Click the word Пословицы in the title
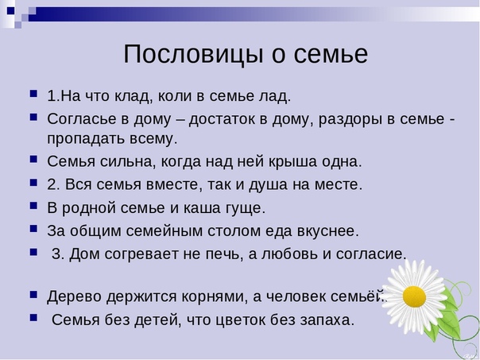pyautogui.click(x=193, y=55)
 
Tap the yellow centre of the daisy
pyautogui.click(x=414, y=296)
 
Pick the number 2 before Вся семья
pyautogui.click(x=52, y=184)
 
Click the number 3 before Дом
pyautogui.click(x=57, y=254)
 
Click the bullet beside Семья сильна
pyautogui.click(x=33, y=160)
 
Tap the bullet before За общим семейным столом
pyautogui.click(x=33, y=229)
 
